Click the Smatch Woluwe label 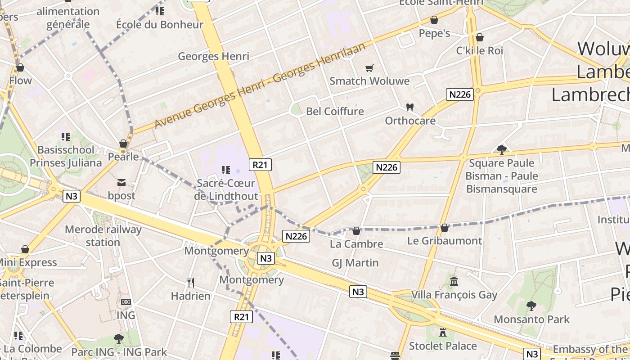369,81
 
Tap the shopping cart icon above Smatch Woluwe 369,68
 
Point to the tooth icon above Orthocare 409,107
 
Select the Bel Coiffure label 335,111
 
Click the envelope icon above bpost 121,182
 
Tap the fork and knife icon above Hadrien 191,282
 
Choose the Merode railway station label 103,236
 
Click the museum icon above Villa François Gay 454,281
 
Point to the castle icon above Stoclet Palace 443,333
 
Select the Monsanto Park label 531,319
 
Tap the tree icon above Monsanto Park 531,306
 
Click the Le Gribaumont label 445,241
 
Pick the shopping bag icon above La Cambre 356,231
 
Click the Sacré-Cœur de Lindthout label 226,189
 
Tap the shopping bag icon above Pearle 123,144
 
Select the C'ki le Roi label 480,50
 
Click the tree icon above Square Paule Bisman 501,149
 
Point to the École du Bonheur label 160,24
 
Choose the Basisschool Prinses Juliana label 66,156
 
